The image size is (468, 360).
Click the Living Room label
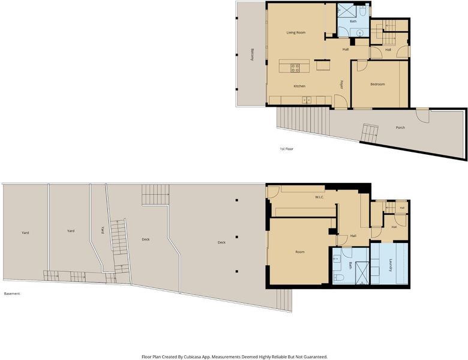coord(296,32)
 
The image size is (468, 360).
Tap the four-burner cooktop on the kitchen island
coord(295,68)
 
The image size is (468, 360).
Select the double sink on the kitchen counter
coord(307,100)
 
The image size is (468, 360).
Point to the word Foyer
coord(342,85)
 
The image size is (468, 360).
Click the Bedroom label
coord(377,84)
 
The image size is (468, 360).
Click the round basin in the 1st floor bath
coord(359,32)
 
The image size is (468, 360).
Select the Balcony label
coord(253,55)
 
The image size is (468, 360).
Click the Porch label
coord(400,127)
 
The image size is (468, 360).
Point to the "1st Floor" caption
coord(287,149)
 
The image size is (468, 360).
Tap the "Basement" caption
coord(12,294)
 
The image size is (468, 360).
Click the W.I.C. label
coord(319,197)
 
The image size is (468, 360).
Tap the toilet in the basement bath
coord(338,278)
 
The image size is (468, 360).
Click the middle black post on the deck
coord(236,237)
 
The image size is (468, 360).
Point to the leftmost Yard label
coord(25,233)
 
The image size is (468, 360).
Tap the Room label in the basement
coord(300,252)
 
